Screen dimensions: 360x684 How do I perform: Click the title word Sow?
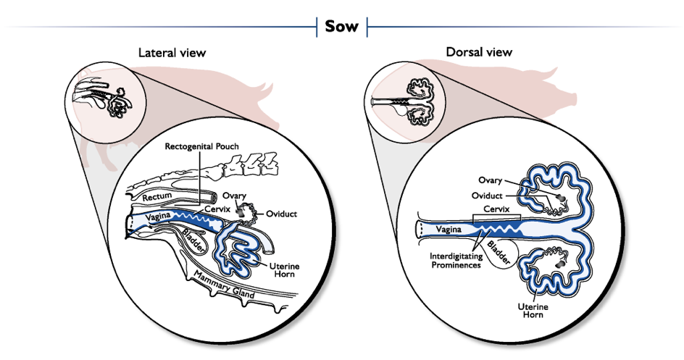[343, 27]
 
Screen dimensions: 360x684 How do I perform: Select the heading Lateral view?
[172, 53]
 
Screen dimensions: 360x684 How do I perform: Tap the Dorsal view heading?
[479, 52]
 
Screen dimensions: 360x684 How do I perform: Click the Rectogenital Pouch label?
[201, 146]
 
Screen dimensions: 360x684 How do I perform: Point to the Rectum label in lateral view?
[157, 197]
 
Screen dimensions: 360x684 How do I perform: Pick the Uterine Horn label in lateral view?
[285, 271]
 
